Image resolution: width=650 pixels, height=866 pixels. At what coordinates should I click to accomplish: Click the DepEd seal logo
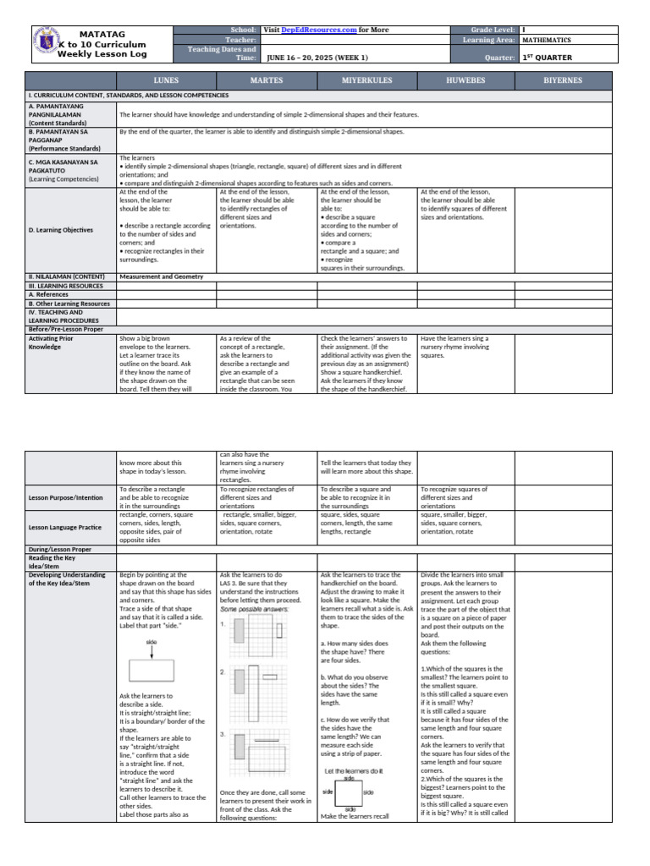(x=47, y=43)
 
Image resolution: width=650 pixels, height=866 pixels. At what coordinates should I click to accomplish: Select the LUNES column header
(x=166, y=81)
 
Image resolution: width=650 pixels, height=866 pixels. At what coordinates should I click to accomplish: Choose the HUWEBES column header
(x=465, y=81)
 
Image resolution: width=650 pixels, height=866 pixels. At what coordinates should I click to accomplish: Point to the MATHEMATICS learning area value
(x=546, y=40)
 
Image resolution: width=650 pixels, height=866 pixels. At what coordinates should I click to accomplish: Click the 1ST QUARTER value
(x=547, y=58)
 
